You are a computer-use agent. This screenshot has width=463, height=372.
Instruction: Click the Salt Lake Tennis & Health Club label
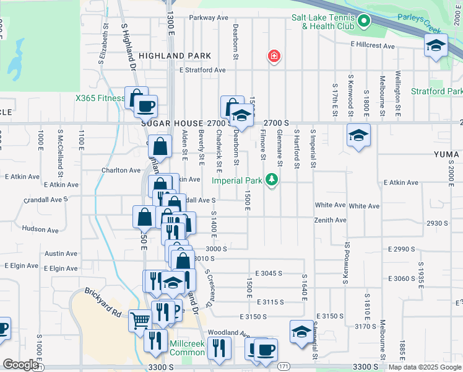point(322,22)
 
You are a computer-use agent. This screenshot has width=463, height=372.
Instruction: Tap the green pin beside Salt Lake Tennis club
point(364,22)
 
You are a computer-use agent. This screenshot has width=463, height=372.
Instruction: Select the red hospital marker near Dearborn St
point(273,57)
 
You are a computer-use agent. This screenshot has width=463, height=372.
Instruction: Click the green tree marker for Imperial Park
point(270,180)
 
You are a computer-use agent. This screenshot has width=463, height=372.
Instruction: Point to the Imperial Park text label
point(238,181)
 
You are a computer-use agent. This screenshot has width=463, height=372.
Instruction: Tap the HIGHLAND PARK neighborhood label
point(170,56)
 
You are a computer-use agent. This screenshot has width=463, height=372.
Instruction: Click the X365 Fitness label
point(100,98)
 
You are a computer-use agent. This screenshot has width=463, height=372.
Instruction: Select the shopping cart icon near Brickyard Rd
point(141,321)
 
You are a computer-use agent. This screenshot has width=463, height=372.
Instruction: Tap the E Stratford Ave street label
point(202,70)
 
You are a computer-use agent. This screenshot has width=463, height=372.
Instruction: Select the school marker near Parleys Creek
point(436,45)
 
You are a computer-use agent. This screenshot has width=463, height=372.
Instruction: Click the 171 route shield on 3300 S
point(283,367)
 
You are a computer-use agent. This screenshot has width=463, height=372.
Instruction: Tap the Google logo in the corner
point(20,365)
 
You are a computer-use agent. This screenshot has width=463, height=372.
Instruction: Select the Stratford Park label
point(436,92)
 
